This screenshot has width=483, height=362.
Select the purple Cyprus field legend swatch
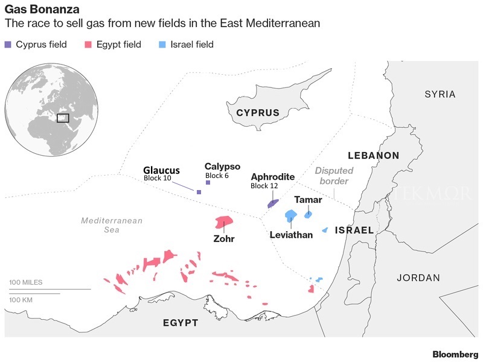(8, 45)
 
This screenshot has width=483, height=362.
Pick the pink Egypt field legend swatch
(88, 45)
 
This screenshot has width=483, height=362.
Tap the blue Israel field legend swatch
(162, 45)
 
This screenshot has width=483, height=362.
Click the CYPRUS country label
(258, 113)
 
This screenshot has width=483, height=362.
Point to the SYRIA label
(440, 94)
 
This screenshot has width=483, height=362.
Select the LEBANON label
(374, 156)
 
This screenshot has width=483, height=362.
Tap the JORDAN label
(418, 278)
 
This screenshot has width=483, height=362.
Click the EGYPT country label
(181, 323)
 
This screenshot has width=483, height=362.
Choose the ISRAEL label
(354, 230)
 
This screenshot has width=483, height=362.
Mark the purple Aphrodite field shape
(273, 204)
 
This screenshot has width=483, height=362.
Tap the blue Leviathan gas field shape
(291, 215)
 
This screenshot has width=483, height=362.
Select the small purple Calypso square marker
(208, 182)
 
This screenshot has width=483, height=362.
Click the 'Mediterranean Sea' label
(112, 225)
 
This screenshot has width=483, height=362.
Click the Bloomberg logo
(455, 354)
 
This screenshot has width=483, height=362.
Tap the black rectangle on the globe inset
(63, 118)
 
